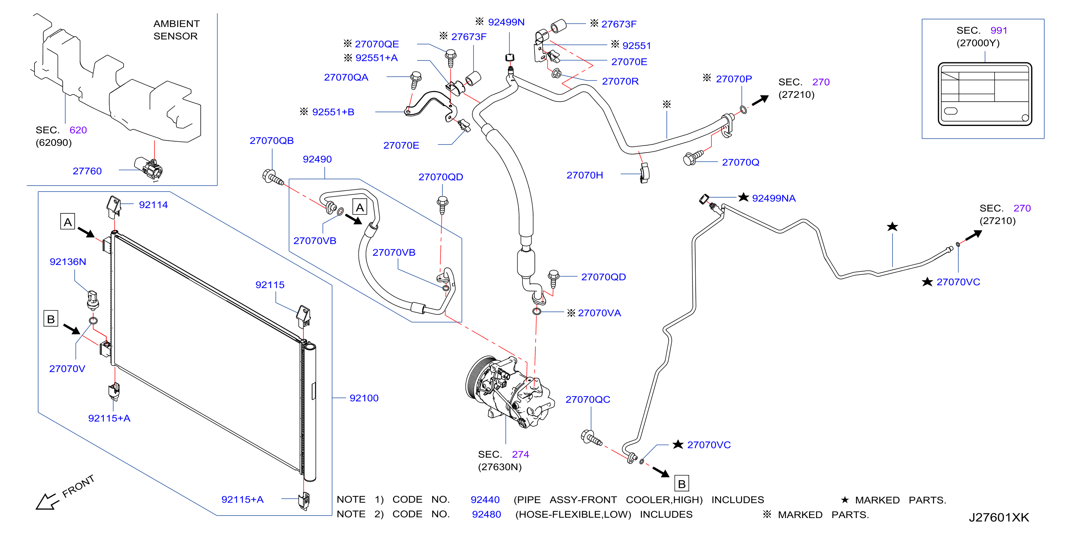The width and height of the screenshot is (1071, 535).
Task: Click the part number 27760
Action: pyautogui.click(x=87, y=171)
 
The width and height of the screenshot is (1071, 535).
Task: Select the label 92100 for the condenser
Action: pyautogui.click(x=364, y=398)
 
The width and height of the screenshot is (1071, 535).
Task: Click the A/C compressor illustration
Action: pyautogui.click(x=509, y=392)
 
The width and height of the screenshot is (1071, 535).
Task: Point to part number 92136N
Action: pyautogui.click(x=68, y=262)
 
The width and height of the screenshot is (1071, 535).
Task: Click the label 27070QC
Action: pyautogui.click(x=588, y=399)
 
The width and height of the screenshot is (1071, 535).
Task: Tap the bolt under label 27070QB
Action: pyautogui.click(x=273, y=178)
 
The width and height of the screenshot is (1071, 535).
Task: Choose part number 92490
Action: pyautogui.click(x=317, y=159)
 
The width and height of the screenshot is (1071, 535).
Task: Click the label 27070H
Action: pyautogui.click(x=585, y=175)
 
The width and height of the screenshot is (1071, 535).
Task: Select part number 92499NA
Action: pyautogui.click(x=773, y=198)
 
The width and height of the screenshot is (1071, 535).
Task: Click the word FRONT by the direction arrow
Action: pyautogui.click(x=78, y=486)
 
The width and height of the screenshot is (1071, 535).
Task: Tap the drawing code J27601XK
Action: pyautogui.click(x=999, y=518)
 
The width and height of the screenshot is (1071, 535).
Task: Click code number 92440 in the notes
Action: pyautogui.click(x=485, y=500)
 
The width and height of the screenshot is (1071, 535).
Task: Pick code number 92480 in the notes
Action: pyautogui.click(x=486, y=514)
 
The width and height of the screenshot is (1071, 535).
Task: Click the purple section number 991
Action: pyautogui.click(x=999, y=30)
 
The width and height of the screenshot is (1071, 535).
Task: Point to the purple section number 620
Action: pyautogui.click(x=78, y=130)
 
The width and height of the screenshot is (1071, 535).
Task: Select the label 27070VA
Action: pyautogui.click(x=599, y=313)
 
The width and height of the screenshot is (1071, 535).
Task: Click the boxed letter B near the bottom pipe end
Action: pyautogui.click(x=682, y=483)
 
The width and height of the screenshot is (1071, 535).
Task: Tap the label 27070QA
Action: pyautogui.click(x=346, y=78)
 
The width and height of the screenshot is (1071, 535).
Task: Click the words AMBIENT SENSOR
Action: pyautogui.click(x=176, y=30)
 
